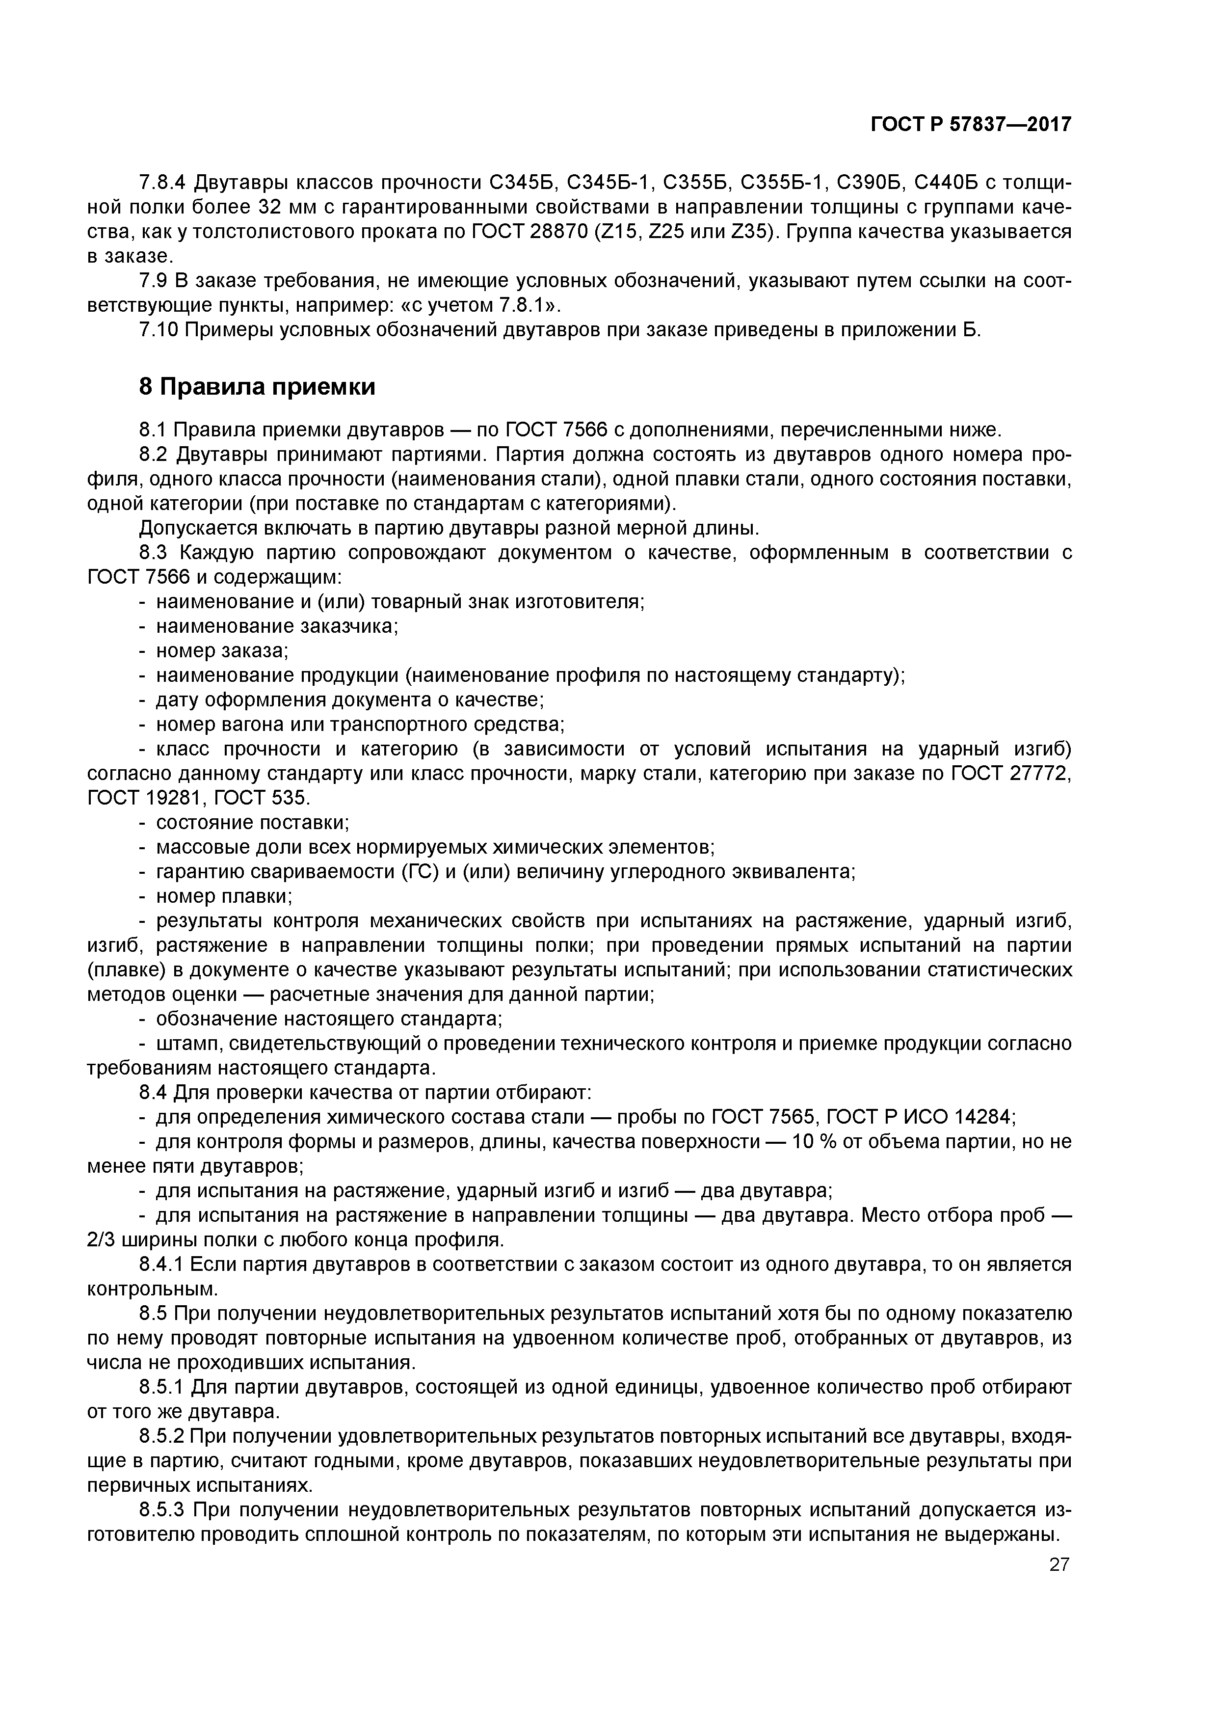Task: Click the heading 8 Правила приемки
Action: click(257, 387)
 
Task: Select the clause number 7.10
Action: click(158, 330)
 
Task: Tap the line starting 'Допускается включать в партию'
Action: click(450, 528)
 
